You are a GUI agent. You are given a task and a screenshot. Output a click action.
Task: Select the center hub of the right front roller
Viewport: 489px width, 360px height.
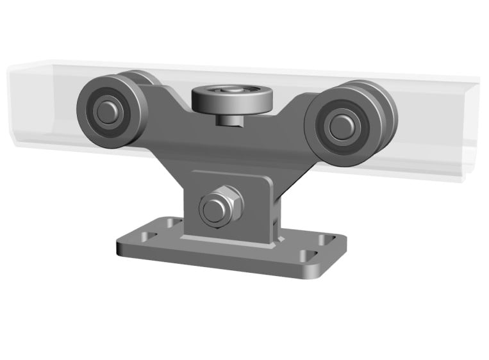pyautogui.click(x=338, y=126)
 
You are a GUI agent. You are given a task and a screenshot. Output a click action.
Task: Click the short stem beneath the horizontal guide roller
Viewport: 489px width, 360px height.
pyautogui.click(x=229, y=119)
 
